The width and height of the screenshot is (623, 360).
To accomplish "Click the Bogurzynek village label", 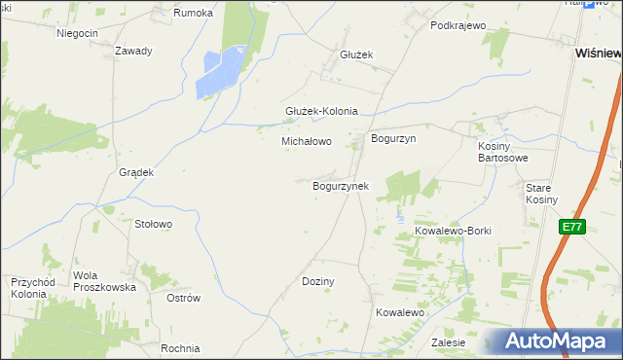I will (x=340, y=185).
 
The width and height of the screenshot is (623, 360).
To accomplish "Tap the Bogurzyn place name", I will (x=393, y=139).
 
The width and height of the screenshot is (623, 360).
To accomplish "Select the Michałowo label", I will (x=307, y=141).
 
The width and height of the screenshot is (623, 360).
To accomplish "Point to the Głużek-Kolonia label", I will (x=321, y=111).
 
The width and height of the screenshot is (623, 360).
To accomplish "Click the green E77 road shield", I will (x=572, y=227).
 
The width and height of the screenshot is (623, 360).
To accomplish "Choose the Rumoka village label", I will (x=192, y=13).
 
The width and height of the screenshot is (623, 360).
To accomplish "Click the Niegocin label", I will (x=78, y=33).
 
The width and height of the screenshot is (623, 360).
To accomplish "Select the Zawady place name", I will (x=133, y=51).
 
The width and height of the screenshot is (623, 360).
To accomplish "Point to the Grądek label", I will (x=136, y=172).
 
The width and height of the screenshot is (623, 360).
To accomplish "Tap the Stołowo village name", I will (x=153, y=224).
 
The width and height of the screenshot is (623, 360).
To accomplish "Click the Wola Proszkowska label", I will (x=104, y=281).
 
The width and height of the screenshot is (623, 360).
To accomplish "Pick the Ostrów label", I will (x=183, y=298).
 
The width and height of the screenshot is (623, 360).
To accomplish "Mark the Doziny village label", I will (x=318, y=281).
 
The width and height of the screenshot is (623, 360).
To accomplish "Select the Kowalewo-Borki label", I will (x=453, y=231).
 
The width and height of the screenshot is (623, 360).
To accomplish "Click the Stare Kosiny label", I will (x=541, y=193).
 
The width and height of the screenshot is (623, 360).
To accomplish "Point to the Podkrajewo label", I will (x=457, y=25).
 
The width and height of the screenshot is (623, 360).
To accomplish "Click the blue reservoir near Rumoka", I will (x=222, y=74).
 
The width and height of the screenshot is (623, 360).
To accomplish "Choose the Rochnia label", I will (x=181, y=348).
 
